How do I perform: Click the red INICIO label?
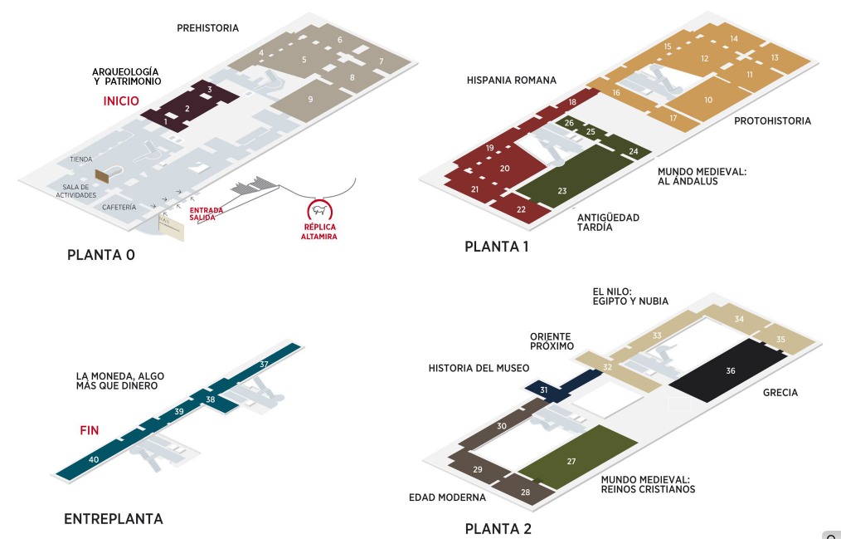point(121,101)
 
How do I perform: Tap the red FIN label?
point(90,430)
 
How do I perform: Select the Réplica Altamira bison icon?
point(318,210)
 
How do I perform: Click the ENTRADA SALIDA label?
point(207,213)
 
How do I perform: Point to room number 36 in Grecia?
point(730,371)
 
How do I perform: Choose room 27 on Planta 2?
point(571,461)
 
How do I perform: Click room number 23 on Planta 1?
point(561,191)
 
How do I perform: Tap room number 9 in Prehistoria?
point(310,100)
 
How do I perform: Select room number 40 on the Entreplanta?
point(94,459)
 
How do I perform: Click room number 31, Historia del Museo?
point(544,390)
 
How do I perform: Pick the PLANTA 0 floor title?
point(100,255)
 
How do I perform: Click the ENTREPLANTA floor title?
point(114,519)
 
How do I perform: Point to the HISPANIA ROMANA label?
point(512,81)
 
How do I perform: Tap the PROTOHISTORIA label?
point(772,121)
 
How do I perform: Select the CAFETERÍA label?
point(119,207)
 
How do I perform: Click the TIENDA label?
point(81,159)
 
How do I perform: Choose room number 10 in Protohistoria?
point(708,100)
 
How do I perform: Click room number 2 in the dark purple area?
point(187,109)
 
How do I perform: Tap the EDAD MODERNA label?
point(447,497)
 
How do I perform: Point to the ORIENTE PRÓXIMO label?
point(552,341)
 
